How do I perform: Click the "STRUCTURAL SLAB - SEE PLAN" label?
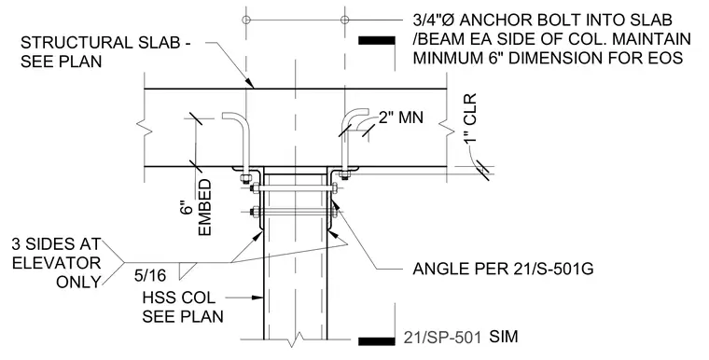104,52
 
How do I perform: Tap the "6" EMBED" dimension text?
199,207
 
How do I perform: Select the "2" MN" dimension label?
401,118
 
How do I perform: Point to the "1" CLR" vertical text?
470,118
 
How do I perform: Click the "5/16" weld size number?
150,275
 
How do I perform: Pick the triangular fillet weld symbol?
188,270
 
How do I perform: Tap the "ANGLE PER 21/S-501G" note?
503,269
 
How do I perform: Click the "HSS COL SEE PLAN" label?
183,307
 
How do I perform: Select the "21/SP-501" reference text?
442,338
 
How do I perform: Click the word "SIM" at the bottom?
504,337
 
